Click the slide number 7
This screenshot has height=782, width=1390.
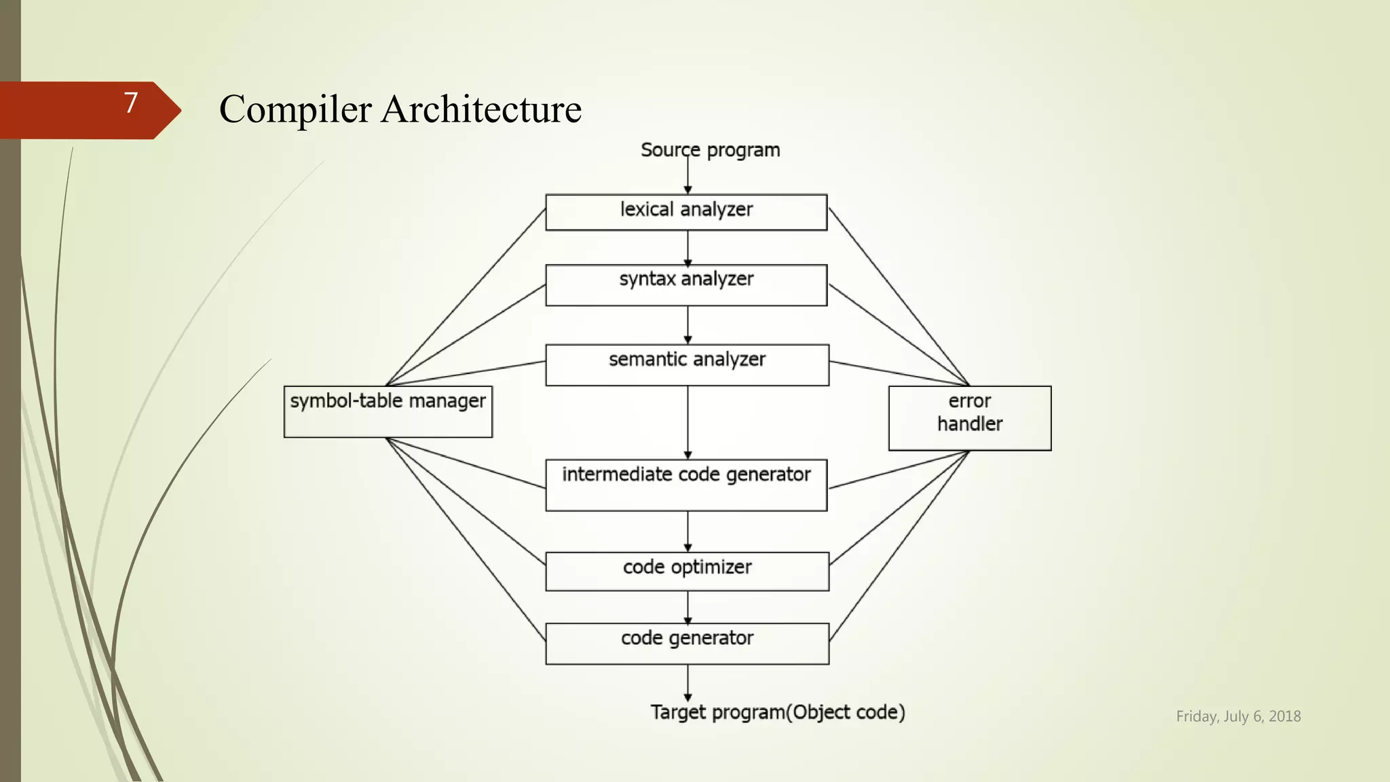131,103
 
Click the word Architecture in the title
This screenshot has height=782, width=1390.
481,109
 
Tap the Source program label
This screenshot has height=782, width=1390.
710,150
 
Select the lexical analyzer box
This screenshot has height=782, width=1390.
686,212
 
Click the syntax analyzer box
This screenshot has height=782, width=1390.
686,285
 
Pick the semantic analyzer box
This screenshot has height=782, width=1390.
687,365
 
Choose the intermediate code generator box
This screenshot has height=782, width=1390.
686,485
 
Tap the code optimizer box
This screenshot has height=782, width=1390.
687,571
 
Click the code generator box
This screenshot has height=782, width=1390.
687,643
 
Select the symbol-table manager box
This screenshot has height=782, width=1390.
388,411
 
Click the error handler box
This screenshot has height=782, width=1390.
969,417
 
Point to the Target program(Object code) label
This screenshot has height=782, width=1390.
777,712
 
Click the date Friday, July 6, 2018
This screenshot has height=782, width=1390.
1238,716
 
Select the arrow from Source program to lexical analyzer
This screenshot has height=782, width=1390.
688,175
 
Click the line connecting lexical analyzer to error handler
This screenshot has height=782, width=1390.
899,296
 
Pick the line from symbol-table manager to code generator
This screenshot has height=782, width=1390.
466,539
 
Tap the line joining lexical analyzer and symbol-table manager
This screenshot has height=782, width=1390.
466,297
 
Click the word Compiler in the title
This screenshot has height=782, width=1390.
295,109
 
